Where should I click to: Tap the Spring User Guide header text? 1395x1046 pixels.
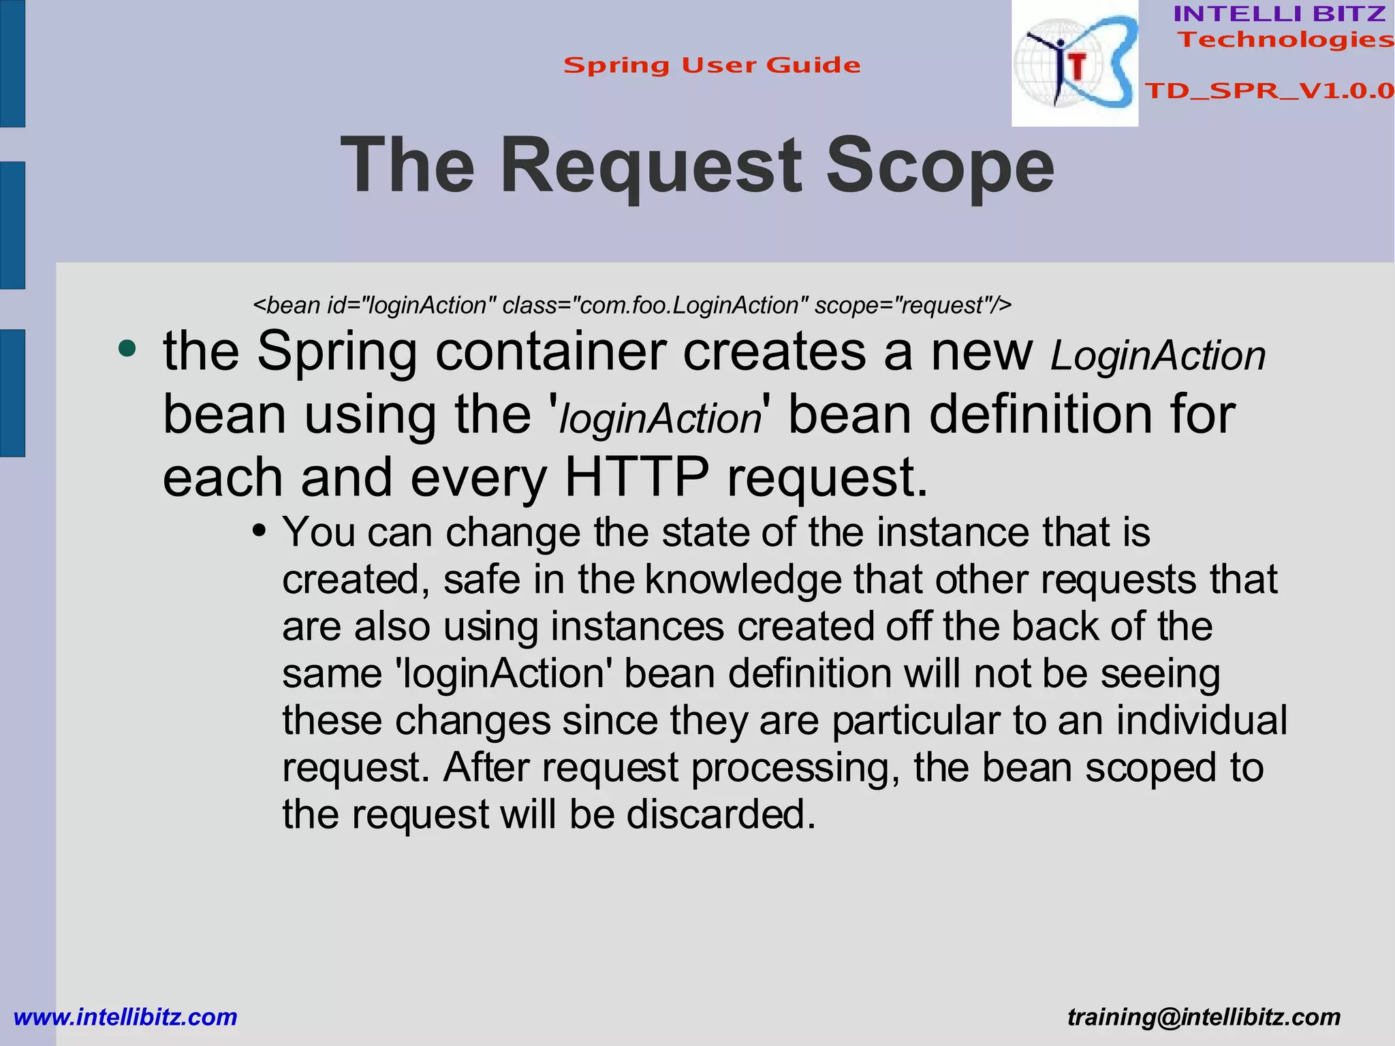712,65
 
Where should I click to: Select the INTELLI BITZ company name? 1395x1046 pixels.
1279,14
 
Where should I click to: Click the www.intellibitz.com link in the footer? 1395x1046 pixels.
125,1017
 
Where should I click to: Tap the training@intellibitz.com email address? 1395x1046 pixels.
1204,1017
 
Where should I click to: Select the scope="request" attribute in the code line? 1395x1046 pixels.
913,305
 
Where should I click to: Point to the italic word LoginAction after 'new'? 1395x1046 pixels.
1157,356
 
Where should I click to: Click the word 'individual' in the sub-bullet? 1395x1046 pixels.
1202,721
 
